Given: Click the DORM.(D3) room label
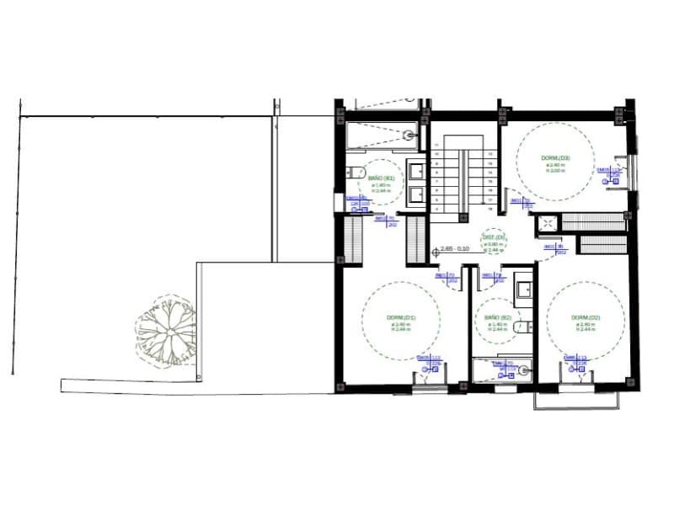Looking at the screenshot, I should [555, 157].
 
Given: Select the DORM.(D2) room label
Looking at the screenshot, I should [585, 317].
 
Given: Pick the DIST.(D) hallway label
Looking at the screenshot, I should [494, 237].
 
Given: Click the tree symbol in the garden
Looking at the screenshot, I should [166, 329].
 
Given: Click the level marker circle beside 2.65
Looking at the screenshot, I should [435, 251].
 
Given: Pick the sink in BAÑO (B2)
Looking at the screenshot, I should [522, 290].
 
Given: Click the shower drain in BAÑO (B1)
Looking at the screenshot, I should [409, 135].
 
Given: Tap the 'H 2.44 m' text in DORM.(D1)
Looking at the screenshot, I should [401, 330].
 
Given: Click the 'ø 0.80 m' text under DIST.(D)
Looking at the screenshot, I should [493, 244].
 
